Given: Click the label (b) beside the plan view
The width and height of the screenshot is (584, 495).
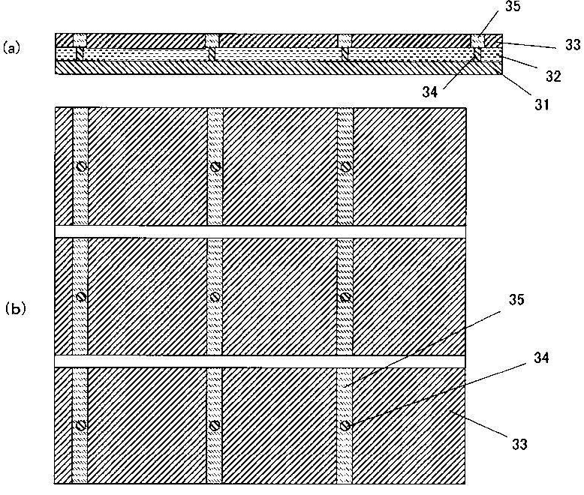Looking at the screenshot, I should point(15,307).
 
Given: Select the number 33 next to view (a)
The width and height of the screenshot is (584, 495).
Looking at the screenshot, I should point(572,44).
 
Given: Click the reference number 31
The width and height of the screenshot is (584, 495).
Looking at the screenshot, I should point(541,105).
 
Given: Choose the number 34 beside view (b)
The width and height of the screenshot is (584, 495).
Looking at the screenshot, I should point(542,358).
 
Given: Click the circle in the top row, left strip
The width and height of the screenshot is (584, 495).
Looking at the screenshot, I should point(81,166).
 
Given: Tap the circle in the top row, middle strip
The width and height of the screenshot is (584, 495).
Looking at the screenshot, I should point(215,166).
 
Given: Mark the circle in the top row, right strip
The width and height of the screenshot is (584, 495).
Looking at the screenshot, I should point(345,166).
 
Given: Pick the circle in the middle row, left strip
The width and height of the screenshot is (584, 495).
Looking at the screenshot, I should point(81,296).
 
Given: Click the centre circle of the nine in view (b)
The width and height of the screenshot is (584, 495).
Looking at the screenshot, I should point(215,296).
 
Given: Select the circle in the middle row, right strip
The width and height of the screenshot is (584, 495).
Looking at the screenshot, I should point(345,296).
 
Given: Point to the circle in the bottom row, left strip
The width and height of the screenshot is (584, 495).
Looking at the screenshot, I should point(81,425).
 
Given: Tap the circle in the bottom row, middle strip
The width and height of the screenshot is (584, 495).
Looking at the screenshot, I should point(215,425).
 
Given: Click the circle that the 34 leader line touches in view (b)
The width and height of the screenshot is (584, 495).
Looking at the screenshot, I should point(345,425).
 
